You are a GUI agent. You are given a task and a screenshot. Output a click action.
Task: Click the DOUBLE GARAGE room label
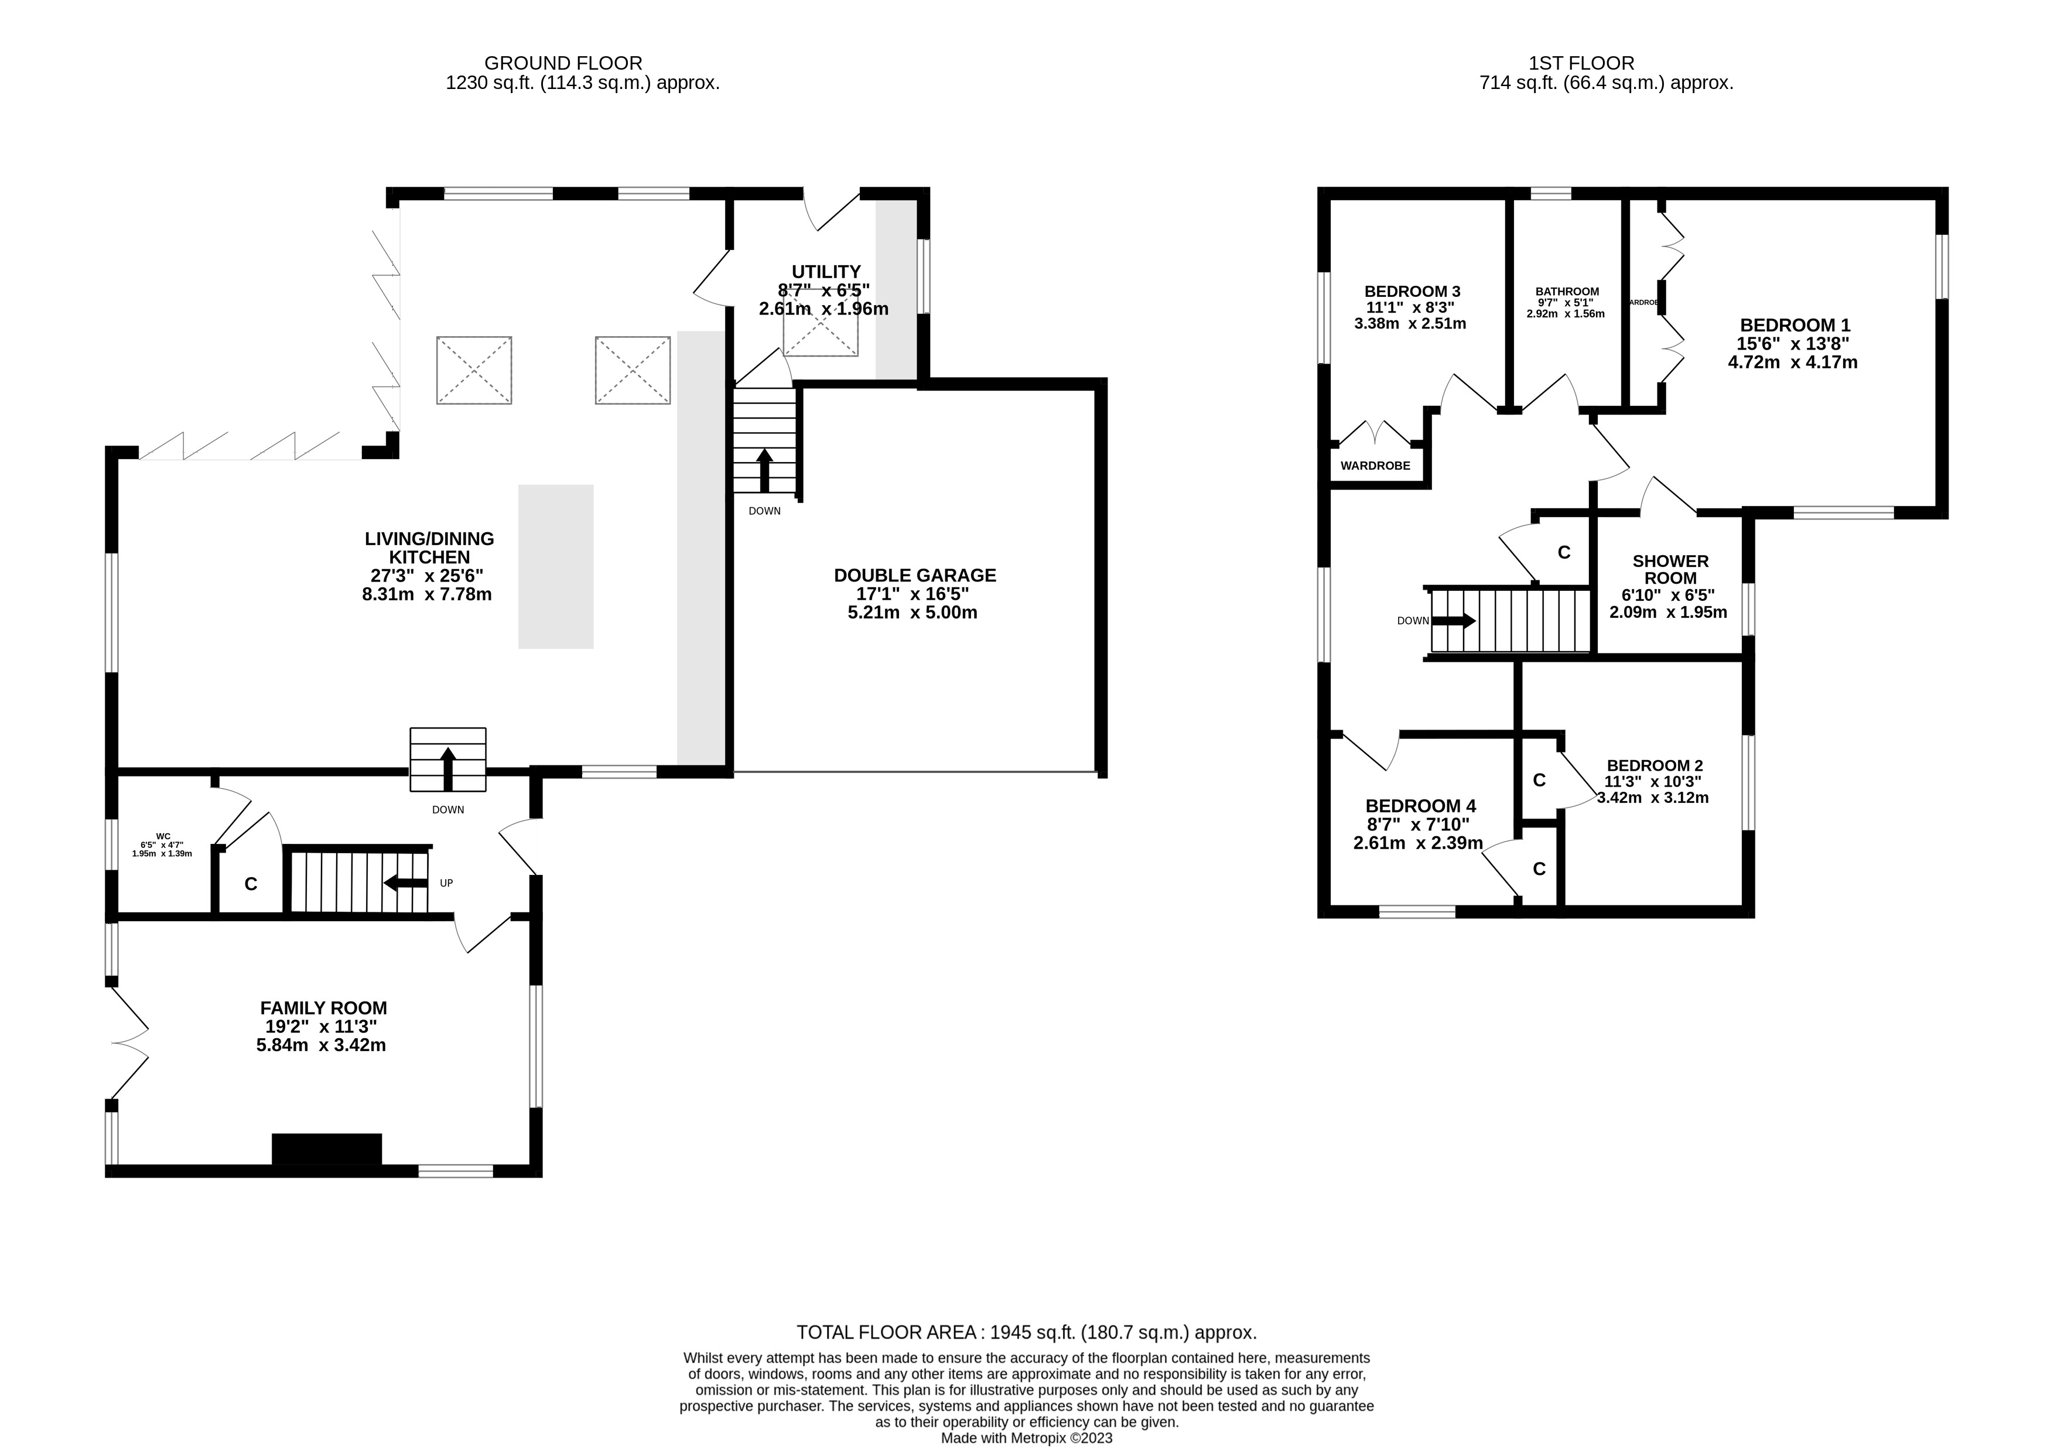914,575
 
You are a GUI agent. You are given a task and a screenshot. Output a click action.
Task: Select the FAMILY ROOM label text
323,1008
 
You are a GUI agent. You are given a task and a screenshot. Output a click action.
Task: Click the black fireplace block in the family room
327,1149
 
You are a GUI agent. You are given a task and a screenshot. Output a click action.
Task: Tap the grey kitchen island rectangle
556,566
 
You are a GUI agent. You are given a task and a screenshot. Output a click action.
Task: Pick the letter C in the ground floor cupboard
251,884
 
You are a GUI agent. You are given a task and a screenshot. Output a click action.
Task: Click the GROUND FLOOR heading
563,63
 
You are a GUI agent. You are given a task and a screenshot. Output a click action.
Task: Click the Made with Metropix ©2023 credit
1026,1438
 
